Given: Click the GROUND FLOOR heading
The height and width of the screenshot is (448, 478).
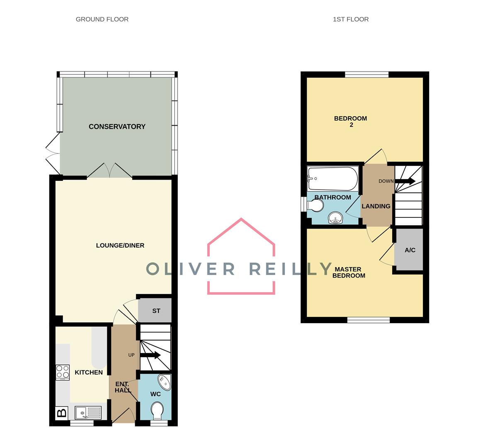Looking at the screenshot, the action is click(102, 19).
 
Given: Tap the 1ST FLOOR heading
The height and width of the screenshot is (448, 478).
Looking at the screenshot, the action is click(351, 19).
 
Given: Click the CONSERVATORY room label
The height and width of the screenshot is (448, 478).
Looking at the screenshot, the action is click(117, 127).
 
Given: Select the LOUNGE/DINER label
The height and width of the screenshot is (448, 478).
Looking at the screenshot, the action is click(120, 246).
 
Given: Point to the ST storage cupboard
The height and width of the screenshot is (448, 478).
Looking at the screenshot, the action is click(155, 310).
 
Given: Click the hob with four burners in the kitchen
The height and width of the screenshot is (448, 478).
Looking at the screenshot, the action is click(63, 372).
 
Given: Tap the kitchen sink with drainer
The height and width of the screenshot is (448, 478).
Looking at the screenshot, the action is click(88, 413).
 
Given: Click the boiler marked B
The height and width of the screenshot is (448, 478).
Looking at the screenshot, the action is click(62, 413).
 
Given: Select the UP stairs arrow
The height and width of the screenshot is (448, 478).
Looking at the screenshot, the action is click(150, 355).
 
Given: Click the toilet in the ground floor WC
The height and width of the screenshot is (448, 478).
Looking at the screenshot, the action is click(157, 410).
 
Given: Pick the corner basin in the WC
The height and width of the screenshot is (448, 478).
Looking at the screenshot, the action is click(165, 382).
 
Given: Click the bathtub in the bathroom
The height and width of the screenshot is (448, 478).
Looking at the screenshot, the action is click(333, 178).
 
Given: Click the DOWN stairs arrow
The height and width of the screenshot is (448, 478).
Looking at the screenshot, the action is click(405, 181).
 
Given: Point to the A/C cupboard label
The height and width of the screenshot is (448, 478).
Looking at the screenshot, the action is click(410, 250).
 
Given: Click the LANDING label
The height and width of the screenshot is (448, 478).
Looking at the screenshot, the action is click(376, 207).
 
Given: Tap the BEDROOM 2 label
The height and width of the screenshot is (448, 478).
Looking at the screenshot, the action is click(351, 122).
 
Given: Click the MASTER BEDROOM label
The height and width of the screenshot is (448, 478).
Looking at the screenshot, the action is click(348, 273).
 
